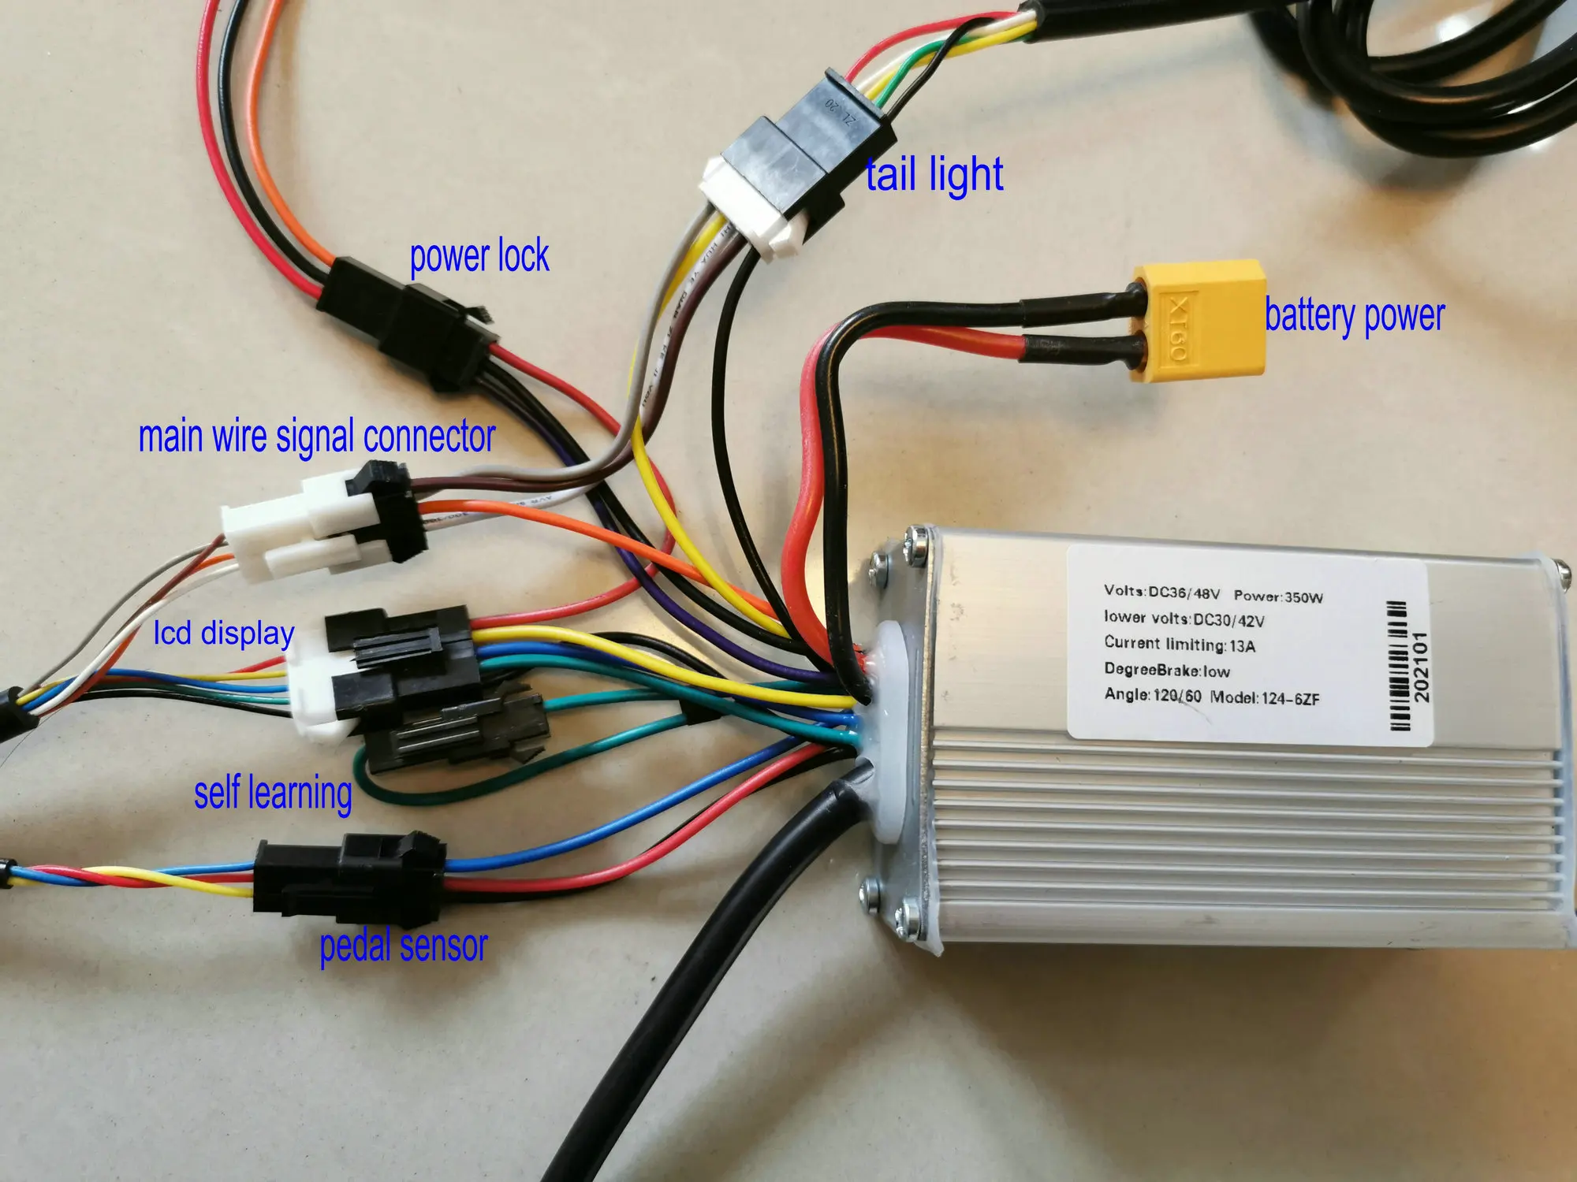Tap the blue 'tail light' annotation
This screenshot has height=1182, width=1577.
[x=934, y=175]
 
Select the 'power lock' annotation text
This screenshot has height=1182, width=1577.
[x=479, y=257]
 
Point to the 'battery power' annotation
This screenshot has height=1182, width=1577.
[x=1354, y=316]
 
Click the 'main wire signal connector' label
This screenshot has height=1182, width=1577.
[x=316, y=437]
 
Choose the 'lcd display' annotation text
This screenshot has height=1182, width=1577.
[x=224, y=633]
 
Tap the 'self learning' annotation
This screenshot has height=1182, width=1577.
[x=273, y=793]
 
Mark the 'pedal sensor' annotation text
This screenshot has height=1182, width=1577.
[x=403, y=945]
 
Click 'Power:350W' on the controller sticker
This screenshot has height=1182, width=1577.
[x=1278, y=597]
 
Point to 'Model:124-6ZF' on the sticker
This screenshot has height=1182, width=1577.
[x=1265, y=698]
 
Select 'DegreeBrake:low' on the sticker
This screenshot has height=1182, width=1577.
[x=1166, y=670]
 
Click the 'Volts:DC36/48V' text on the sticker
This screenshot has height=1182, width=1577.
[x=1161, y=592]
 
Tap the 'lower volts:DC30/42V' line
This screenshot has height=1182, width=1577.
[x=1184, y=619]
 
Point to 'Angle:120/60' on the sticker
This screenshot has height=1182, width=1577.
[x=1152, y=695]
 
